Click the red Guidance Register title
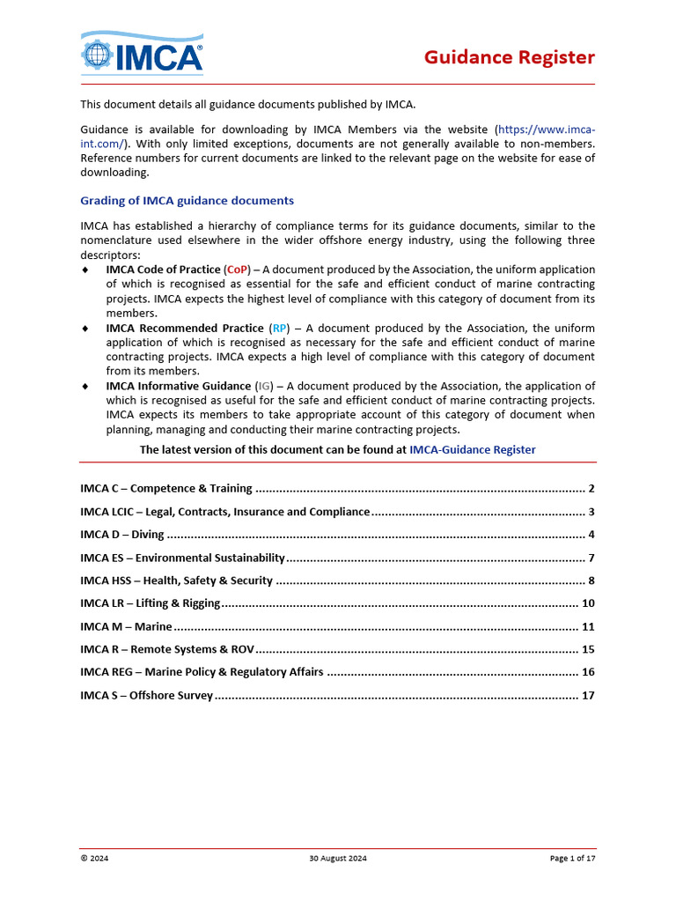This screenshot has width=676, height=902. click(x=509, y=57)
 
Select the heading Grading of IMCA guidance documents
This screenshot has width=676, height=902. click(x=187, y=201)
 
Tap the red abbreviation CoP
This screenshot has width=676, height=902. click(x=238, y=270)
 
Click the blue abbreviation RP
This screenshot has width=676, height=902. click(x=279, y=328)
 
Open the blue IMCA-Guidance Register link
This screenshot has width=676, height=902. click(x=472, y=449)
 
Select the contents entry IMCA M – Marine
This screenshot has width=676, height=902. click(x=126, y=626)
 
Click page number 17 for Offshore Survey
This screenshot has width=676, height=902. click(x=589, y=695)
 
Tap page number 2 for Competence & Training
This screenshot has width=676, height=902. click(x=591, y=489)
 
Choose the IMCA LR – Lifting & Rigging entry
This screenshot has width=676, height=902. click(x=150, y=603)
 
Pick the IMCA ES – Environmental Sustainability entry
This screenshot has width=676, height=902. click(x=182, y=558)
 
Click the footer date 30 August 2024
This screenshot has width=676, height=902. click(x=338, y=858)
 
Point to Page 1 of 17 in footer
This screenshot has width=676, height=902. click(x=572, y=858)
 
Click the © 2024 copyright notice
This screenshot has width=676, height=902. click(x=94, y=858)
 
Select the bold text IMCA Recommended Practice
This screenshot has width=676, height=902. click(x=185, y=328)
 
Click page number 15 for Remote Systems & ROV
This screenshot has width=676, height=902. click(x=589, y=649)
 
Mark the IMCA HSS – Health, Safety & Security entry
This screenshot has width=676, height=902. click(x=176, y=580)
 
